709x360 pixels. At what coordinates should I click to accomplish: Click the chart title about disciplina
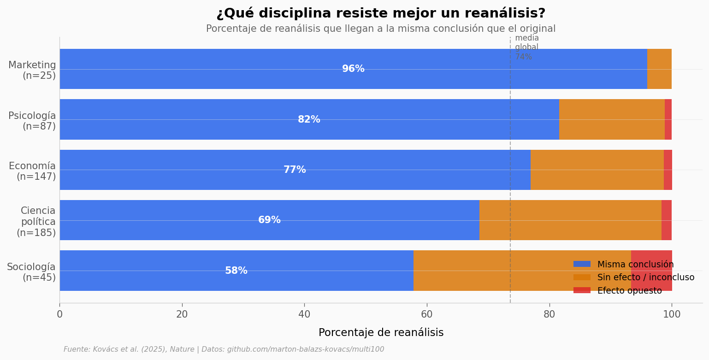[x=381, y=13]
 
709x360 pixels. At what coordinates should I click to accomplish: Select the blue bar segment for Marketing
[x=230, y=69]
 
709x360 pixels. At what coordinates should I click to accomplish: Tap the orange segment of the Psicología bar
[x=612, y=119]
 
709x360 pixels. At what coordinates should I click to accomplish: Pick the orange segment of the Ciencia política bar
[x=570, y=220]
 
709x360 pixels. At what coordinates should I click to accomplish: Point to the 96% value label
[x=353, y=69]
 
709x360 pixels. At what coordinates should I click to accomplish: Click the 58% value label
[x=236, y=271]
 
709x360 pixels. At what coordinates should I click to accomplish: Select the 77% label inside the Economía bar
[x=295, y=170]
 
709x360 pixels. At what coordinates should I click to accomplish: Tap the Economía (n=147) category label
[x=32, y=171]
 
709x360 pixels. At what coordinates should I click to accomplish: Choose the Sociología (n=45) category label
[x=31, y=272]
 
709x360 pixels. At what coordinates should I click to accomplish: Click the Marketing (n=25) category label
[x=32, y=71]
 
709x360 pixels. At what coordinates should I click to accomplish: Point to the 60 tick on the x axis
[x=427, y=314]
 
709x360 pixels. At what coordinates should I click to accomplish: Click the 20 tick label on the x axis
[x=182, y=314]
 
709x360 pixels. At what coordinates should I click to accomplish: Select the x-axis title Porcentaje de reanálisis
[x=381, y=333]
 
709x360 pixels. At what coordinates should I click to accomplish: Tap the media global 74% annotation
[x=526, y=47]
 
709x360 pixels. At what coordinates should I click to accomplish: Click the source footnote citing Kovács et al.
[x=224, y=349]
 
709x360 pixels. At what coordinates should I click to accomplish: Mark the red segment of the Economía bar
[x=668, y=170]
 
